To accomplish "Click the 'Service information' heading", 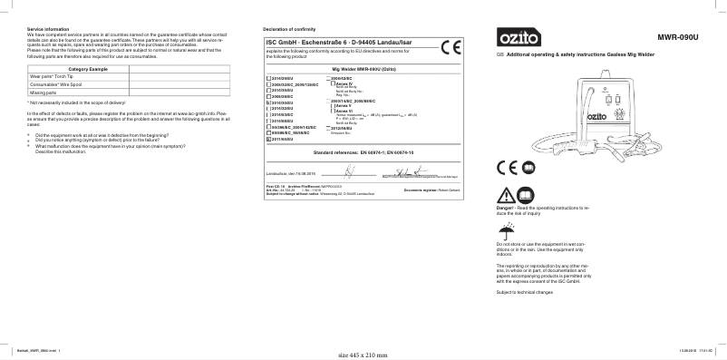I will point(46,30).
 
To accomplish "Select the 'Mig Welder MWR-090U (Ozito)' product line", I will point(363,69).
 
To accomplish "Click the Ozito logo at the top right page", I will point(519,40).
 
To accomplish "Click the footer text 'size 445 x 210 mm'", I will point(363,355).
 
